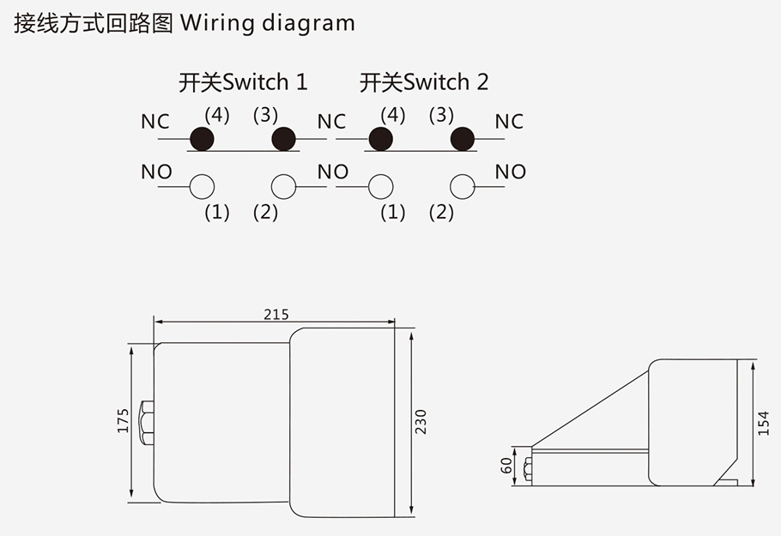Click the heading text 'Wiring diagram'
coord(267,23)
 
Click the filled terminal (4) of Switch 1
coord(202,138)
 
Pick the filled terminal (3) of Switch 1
coord(283,138)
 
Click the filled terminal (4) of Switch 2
coord(380,138)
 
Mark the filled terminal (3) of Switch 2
coord(463,138)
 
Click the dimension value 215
coord(276,315)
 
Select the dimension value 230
coord(421,421)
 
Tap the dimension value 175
coord(123,421)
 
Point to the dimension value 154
coord(764,422)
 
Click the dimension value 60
coord(506,465)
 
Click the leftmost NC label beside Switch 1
coord(155,122)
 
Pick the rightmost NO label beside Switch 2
coord(511,172)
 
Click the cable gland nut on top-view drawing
coord(145,422)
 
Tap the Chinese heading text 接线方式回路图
coord(91,23)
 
